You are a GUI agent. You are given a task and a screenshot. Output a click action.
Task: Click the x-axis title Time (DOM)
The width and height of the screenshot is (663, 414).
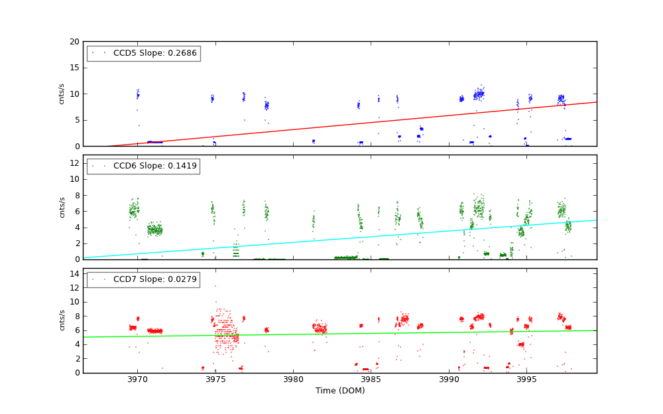(x=339, y=391)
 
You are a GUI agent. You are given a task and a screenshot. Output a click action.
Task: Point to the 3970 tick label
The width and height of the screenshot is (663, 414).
(x=137, y=379)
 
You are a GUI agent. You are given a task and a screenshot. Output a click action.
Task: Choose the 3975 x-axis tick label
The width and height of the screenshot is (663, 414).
(x=215, y=379)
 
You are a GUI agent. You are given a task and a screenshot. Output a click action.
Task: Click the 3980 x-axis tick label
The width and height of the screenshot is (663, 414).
(x=293, y=379)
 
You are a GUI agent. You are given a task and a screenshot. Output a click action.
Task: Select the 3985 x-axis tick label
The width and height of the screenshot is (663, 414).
(x=371, y=379)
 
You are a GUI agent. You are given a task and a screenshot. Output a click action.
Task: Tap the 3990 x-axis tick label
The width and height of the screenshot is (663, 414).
(x=449, y=379)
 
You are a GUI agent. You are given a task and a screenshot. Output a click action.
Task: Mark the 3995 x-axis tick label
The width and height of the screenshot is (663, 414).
(x=527, y=379)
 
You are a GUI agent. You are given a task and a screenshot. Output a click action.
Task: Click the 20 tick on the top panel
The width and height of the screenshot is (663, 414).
(x=74, y=42)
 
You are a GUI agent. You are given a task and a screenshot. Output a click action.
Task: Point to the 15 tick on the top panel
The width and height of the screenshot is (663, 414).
(x=74, y=68)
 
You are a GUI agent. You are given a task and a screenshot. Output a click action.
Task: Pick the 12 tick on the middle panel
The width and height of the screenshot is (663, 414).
(x=74, y=163)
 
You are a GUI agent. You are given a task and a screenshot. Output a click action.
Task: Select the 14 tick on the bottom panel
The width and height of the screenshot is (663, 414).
(x=74, y=274)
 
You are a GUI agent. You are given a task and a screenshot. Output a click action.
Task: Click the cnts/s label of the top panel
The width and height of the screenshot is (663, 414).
(x=62, y=94)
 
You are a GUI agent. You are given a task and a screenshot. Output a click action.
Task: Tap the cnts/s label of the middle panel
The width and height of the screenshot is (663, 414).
(x=62, y=207)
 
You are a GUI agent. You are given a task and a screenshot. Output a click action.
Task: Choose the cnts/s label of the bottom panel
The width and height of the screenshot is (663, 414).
(x=62, y=320)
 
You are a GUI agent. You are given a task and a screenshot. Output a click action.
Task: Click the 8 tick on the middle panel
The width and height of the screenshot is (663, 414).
(x=76, y=195)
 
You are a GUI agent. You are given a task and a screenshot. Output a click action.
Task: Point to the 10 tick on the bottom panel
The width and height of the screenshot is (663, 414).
(x=74, y=302)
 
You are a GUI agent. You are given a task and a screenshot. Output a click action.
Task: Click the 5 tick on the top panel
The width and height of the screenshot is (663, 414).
(x=76, y=120)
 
